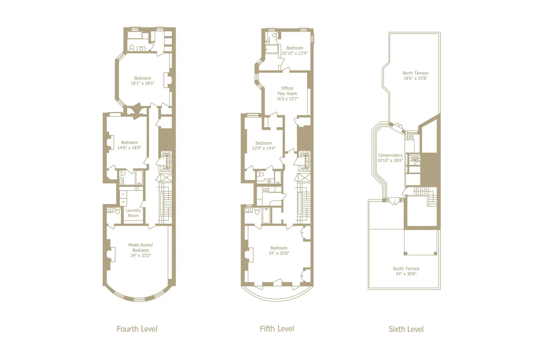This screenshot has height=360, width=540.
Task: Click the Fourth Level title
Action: [137, 329]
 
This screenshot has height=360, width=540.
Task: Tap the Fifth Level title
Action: [277, 329]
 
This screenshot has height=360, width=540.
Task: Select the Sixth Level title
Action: [406, 329]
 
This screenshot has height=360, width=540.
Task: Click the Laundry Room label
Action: [133, 213]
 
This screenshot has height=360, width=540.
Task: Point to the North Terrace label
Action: [415, 73]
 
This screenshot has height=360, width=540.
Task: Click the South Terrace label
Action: [406, 269]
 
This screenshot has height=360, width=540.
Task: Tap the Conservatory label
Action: [390, 155]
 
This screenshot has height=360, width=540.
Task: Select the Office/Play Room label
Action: [287, 91]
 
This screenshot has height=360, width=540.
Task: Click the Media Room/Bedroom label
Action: [141, 247]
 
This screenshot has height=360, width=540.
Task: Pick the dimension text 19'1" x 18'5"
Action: [143, 84]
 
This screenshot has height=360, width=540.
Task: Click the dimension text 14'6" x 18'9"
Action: [129, 148]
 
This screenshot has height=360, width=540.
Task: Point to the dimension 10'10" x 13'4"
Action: [295, 53]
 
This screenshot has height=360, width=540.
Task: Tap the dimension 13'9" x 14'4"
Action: [264, 148]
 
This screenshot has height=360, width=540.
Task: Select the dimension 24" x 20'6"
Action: [279, 253]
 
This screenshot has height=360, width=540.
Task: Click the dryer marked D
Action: [123, 194]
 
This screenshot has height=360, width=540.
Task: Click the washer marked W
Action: [123, 202]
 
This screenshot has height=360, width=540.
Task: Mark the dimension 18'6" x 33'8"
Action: [415, 78]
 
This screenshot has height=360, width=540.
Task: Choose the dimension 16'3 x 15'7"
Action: [287, 99]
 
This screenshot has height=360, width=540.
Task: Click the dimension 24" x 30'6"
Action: [406, 274]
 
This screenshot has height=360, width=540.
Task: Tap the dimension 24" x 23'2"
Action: [141, 255]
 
